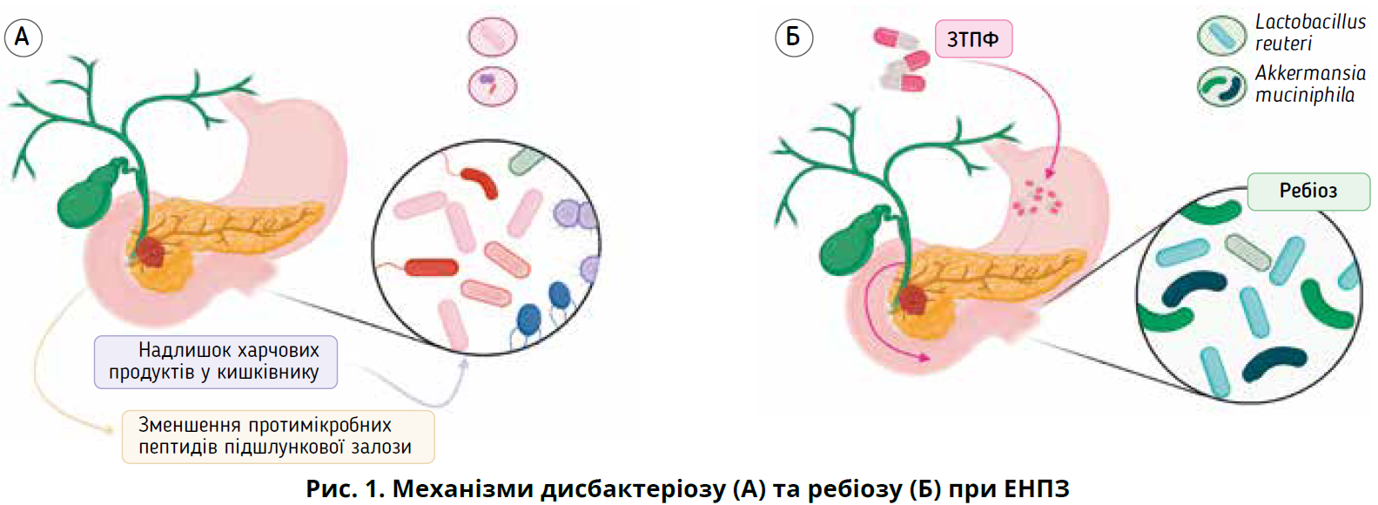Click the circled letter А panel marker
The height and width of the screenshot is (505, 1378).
[x=23, y=37]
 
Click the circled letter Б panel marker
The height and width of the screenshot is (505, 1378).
[x=793, y=37]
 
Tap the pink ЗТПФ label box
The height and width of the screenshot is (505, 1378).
[x=973, y=39]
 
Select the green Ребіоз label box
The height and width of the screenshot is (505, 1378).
[x=1307, y=192]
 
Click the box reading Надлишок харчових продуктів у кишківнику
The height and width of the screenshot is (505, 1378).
[x=215, y=361]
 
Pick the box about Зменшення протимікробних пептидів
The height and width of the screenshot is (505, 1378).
[x=277, y=436]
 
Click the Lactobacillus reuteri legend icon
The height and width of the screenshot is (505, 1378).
[x=1221, y=34]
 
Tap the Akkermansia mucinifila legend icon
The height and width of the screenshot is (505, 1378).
[x=1221, y=86]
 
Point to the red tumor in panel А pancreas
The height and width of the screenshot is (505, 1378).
[x=151, y=252]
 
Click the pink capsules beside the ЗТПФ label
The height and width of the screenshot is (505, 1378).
[x=903, y=59]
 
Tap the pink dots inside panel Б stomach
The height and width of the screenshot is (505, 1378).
[x=1036, y=199]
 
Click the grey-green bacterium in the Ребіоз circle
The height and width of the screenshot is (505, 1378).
[x=1247, y=252]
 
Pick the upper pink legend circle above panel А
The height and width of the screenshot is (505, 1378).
[x=493, y=37]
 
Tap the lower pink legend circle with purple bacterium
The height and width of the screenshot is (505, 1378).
[x=493, y=85]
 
